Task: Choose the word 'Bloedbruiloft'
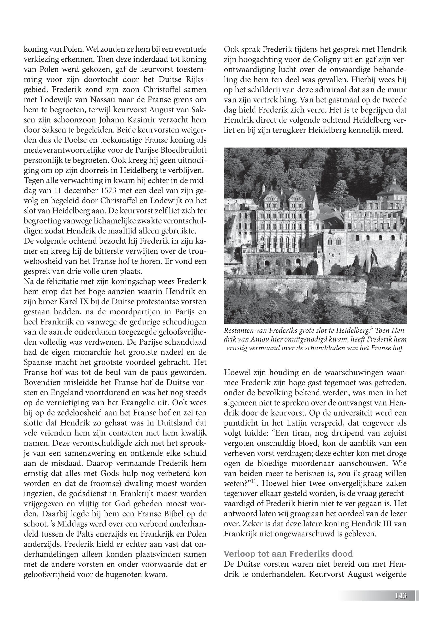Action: pos(182,150)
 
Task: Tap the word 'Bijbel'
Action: pos(173,514)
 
